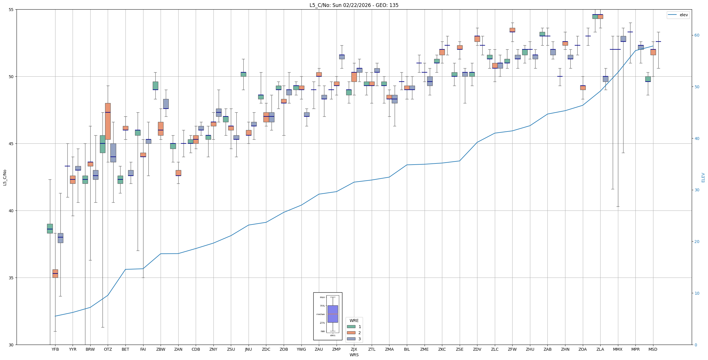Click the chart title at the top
pyautogui.click(x=354, y=5)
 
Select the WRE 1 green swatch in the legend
pyautogui.click(x=351, y=327)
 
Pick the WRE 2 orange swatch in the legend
pyautogui.click(x=351, y=333)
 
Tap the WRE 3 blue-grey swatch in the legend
pyautogui.click(x=351, y=339)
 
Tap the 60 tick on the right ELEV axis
pyautogui.click(x=697, y=35)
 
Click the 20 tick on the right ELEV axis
pyautogui.click(x=697, y=242)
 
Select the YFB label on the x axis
pyautogui.click(x=55, y=349)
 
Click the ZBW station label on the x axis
pyautogui.click(x=161, y=349)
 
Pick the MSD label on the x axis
pyautogui.click(x=653, y=349)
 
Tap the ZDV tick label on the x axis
pyautogui.click(x=477, y=349)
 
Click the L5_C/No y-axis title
pyautogui.click(x=5, y=177)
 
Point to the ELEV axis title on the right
pyautogui.click(x=703, y=177)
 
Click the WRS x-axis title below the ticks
pyautogui.click(x=354, y=355)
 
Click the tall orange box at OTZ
pyautogui.click(x=108, y=121)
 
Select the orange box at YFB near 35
pyautogui.click(x=55, y=273)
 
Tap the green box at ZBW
pyautogui.click(x=155, y=86)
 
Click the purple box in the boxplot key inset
pyautogui.click(x=333, y=314)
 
